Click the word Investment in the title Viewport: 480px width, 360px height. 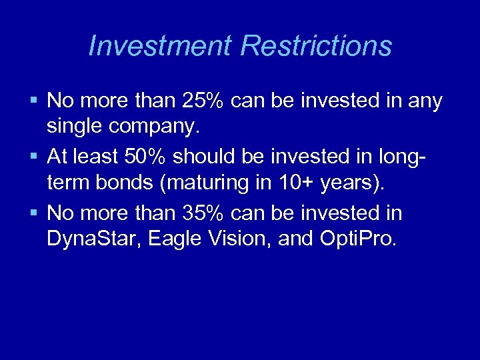tap(160, 46)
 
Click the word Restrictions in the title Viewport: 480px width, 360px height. tap(316, 46)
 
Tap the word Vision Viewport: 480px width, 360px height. tap(243, 237)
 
